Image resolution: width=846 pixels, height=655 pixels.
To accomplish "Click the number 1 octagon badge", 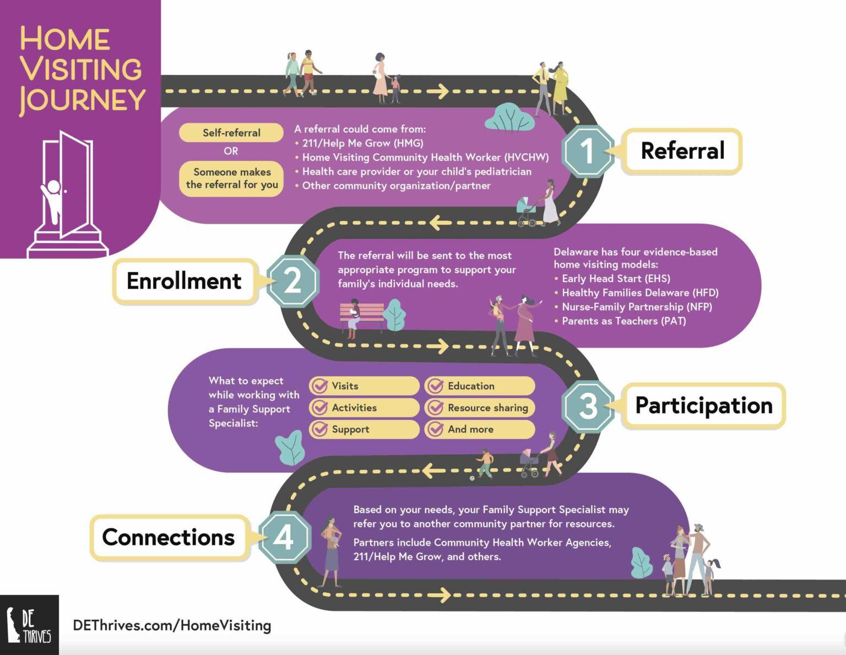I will click(x=588, y=151).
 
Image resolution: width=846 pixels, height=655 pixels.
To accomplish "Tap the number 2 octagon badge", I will click(x=292, y=281).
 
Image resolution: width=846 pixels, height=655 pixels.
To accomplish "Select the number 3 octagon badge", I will click(x=588, y=405).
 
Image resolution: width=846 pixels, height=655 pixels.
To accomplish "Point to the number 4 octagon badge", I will click(x=284, y=537).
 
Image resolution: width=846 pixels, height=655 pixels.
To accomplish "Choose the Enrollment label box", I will click(x=185, y=281).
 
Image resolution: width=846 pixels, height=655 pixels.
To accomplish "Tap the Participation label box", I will click(x=703, y=406).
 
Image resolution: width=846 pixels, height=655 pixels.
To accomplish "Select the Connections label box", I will click(x=169, y=538).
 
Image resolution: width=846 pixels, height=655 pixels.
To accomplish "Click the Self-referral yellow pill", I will click(x=231, y=133).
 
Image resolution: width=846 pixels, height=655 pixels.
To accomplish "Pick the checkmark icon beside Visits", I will click(x=319, y=386).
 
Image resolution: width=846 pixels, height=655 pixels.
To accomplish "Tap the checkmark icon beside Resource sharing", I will click(x=435, y=408).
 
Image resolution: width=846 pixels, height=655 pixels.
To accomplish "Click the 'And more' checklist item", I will click(x=479, y=429).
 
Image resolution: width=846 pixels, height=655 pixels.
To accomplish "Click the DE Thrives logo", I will click(x=29, y=625).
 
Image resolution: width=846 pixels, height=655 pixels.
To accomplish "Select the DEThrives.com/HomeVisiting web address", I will click(x=172, y=625).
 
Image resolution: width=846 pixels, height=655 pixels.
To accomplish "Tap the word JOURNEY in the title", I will click(x=83, y=100).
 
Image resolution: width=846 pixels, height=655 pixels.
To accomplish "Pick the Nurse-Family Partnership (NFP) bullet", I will click(x=636, y=307).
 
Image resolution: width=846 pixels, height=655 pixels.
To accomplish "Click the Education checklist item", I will click(x=479, y=386).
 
